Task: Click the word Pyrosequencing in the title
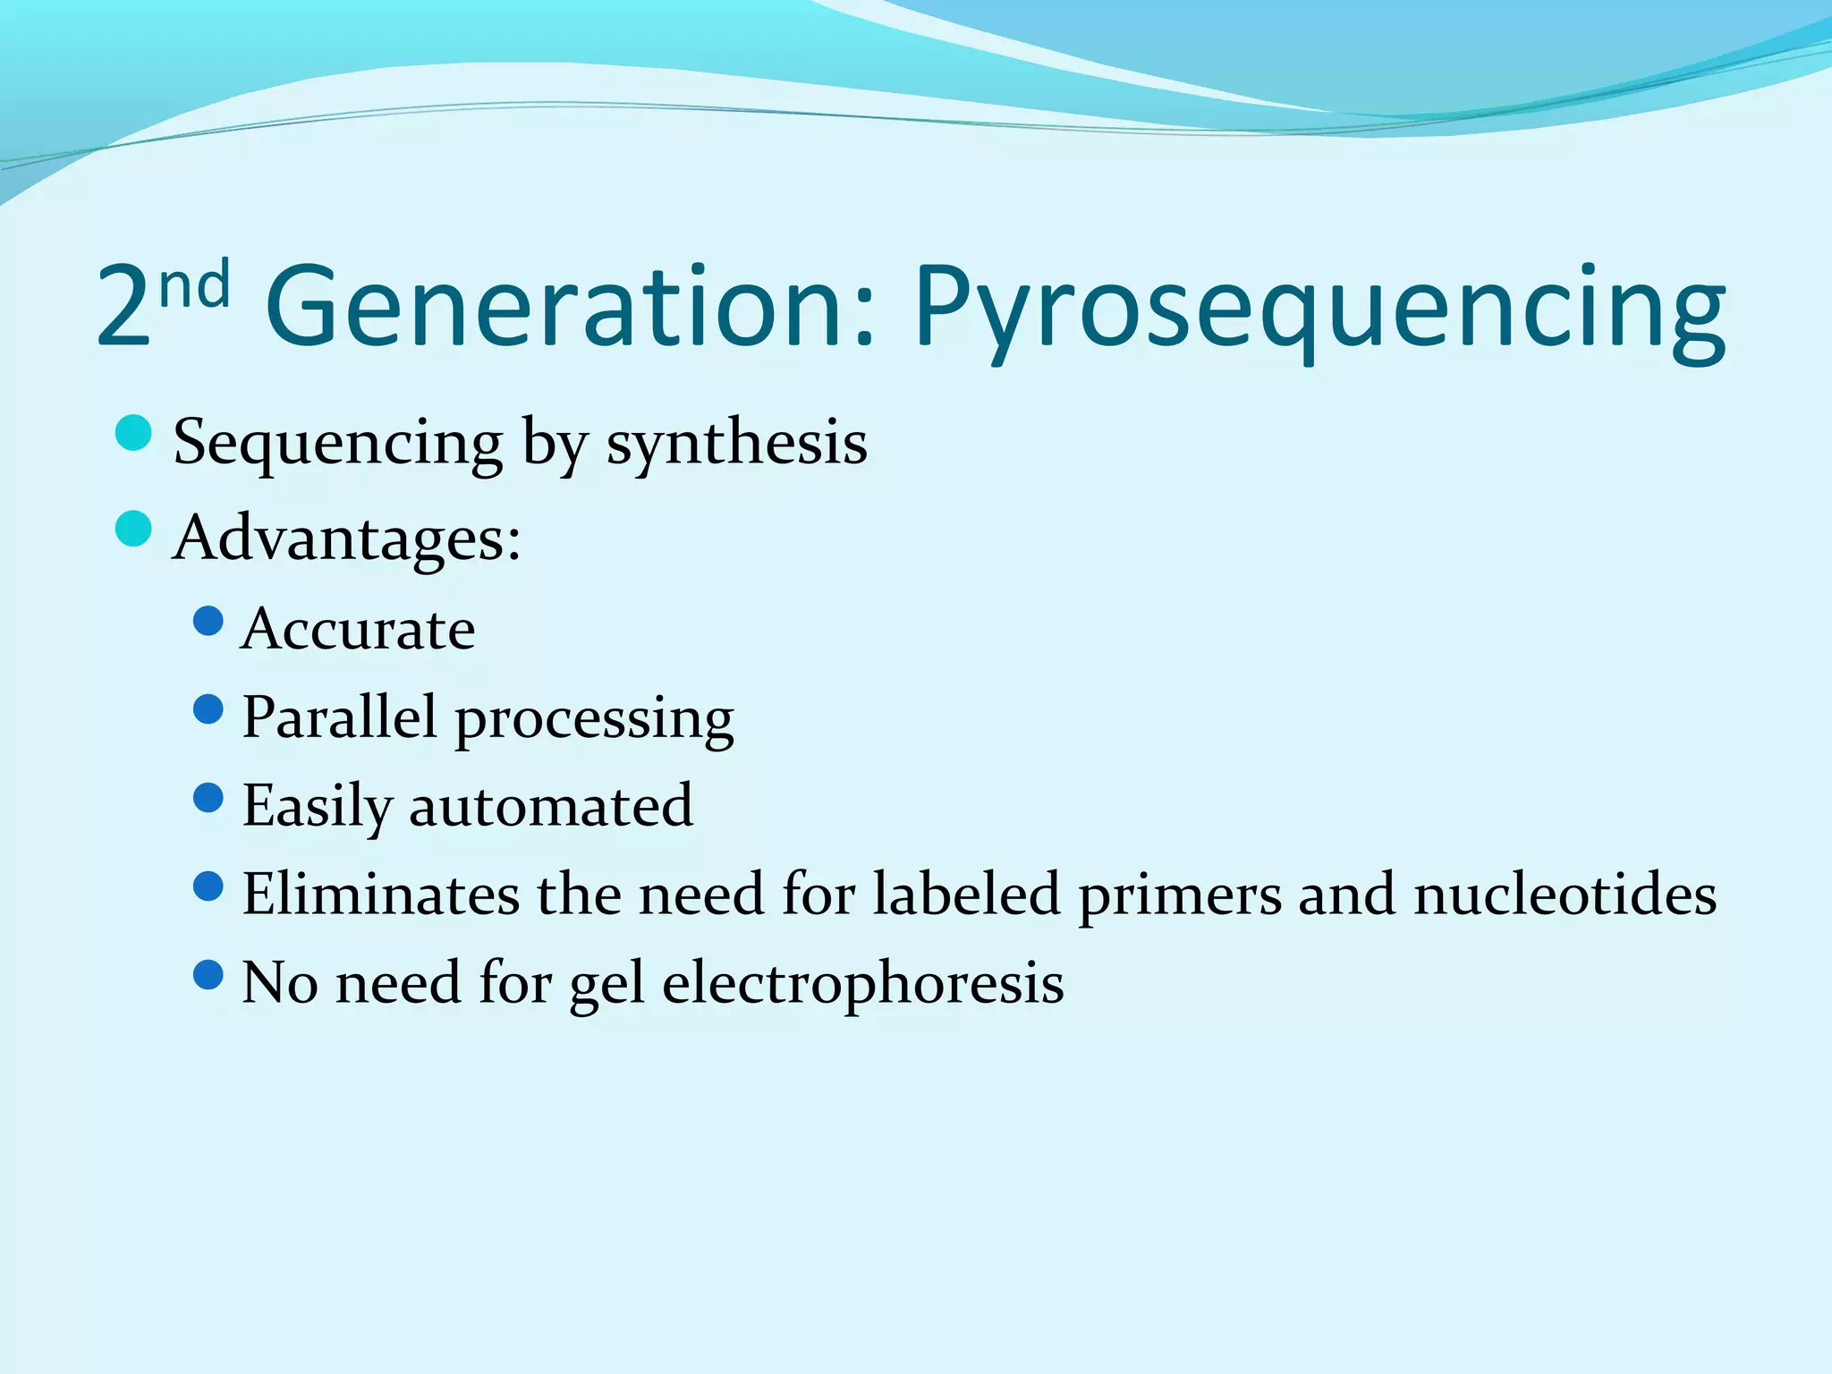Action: point(1319,309)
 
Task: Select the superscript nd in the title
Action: point(194,284)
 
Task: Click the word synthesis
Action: point(736,443)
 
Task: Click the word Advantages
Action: point(346,539)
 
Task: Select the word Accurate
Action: point(358,629)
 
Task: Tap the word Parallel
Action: point(340,717)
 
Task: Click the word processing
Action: point(595,721)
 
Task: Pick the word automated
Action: point(550,806)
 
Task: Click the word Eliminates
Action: point(381,894)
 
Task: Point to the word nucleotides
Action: point(1565,894)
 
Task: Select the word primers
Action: point(1180,896)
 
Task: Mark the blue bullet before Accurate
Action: point(208,620)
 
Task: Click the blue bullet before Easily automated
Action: point(208,797)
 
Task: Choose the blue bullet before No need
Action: point(208,974)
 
